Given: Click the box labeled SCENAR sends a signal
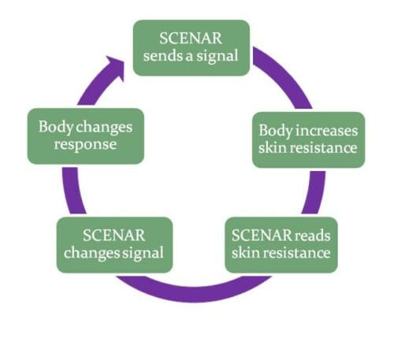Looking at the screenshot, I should [x=191, y=47].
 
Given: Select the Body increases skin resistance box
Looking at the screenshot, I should [x=309, y=139].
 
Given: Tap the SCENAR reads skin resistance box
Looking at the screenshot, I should [x=281, y=244].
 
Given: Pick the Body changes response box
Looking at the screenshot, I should [x=85, y=135].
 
